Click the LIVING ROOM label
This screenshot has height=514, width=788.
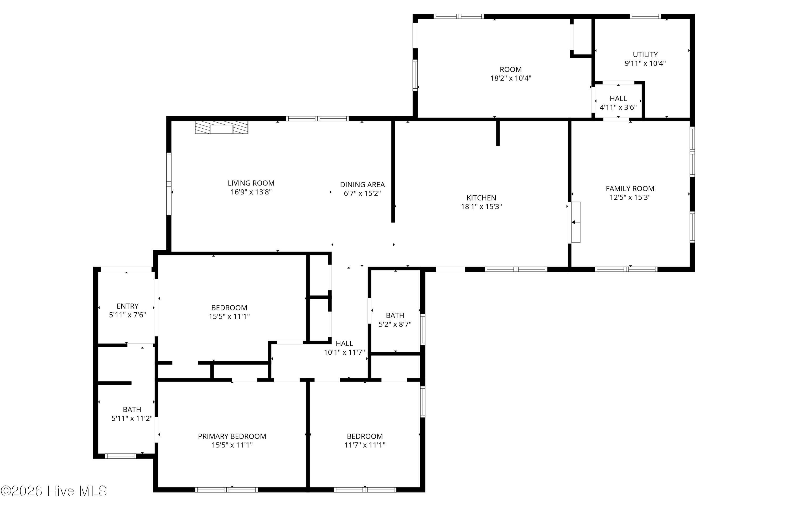click(x=251, y=183)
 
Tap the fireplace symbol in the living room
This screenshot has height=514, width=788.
click(x=221, y=127)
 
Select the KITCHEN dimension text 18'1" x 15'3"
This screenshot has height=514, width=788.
click(x=481, y=206)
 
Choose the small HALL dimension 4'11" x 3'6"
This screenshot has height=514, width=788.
click(x=618, y=107)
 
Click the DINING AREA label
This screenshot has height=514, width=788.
click(x=362, y=185)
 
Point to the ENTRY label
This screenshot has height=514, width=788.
click(x=127, y=306)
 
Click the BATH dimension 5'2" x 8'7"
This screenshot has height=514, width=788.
click(x=395, y=324)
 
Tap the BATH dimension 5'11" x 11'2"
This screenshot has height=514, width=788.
click(x=132, y=419)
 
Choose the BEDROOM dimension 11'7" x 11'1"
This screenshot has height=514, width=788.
click(x=365, y=445)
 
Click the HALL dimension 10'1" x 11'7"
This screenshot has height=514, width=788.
click(x=344, y=352)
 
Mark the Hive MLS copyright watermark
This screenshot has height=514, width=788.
click(x=54, y=491)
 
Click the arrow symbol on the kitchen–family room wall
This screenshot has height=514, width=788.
click(x=576, y=222)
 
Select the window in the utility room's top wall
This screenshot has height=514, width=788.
click(x=645, y=16)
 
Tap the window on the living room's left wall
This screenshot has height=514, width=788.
click(x=169, y=184)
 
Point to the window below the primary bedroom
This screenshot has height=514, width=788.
click(x=226, y=490)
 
